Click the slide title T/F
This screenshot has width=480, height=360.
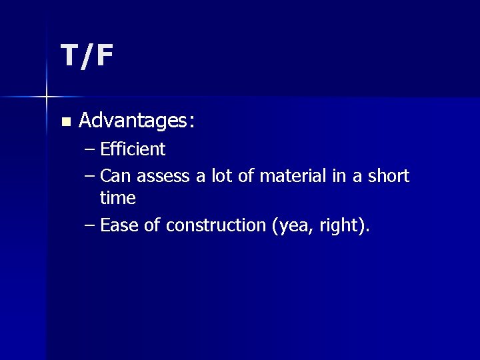pyautogui.click(x=87, y=56)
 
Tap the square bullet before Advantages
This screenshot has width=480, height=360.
pyautogui.click(x=65, y=122)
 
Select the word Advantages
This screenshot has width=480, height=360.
pyautogui.click(x=133, y=121)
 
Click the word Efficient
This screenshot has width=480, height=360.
pyautogui.click(x=133, y=149)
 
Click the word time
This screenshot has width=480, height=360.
pyautogui.click(x=117, y=199)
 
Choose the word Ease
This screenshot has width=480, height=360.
pyautogui.click(x=119, y=226)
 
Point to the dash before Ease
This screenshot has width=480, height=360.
pyautogui.click(x=91, y=226)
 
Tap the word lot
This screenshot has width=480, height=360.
pyautogui.click(x=223, y=177)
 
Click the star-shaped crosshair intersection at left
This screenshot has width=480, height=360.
pyautogui.click(x=47, y=97)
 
